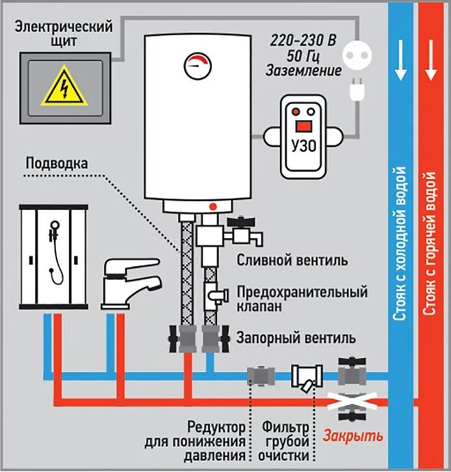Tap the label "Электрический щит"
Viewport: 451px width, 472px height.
[64, 33]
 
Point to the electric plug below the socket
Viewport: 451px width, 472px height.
[356, 90]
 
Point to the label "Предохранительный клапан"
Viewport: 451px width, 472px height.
[302, 299]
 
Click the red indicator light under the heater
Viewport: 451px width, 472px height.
[212, 206]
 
